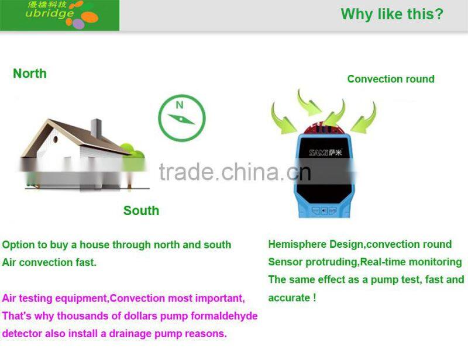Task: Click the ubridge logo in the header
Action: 59,15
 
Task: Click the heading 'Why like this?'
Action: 392,14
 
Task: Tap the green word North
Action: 30,74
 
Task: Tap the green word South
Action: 141,211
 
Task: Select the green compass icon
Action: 181,117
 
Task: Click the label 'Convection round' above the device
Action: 391,79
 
